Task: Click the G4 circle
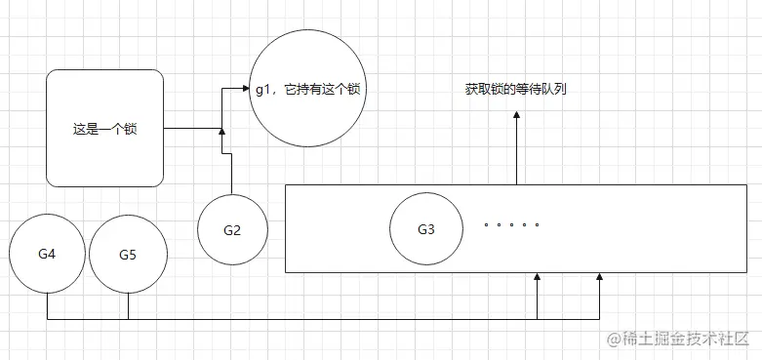pyautogui.click(x=47, y=254)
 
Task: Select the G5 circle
pyautogui.click(x=128, y=255)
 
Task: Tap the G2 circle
pyautogui.click(x=231, y=230)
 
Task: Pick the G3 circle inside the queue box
pyautogui.click(x=425, y=230)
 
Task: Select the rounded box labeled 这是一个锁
pyautogui.click(x=103, y=128)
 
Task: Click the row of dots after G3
pyautogui.click(x=511, y=224)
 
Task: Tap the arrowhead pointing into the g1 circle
pyautogui.click(x=245, y=89)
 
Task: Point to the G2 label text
pyautogui.click(x=231, y=230)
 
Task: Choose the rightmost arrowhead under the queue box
pyautogui.click(x=599, y=280)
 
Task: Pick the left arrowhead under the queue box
pyautogui.click(x=538, y=280)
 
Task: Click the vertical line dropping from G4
pyautogui.click(x=47, y=306)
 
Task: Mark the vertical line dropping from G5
pyautogui.click(x=128, y=306)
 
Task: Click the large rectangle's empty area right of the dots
pyautogui.click(x=644, y=229)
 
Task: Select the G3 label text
pyautogui.click(x=425, y=230)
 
